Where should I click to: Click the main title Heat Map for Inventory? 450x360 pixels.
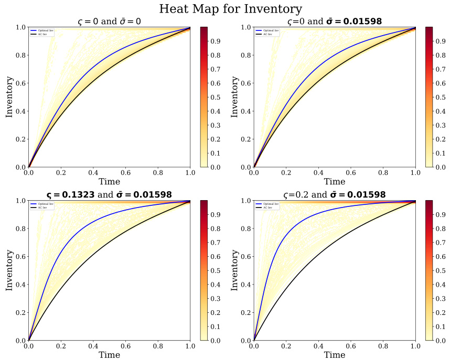[230, 9]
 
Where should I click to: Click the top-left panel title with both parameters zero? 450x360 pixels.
[109, 21]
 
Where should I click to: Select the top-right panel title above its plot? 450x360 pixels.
[335, 21]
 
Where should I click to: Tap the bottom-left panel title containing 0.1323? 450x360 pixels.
[109, 194]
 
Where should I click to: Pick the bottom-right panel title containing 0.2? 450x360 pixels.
[335, 194]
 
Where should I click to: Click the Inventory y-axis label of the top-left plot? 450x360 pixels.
[9, 97]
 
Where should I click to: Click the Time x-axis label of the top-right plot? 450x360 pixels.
[335, 181]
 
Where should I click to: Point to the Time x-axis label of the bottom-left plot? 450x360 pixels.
[109, 355]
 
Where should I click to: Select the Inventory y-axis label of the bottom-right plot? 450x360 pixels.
[234, 270]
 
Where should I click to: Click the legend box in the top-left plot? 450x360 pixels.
[42, 32]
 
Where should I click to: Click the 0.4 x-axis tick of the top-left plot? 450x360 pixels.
[93, 172]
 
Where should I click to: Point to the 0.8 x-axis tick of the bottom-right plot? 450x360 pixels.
[383, 345]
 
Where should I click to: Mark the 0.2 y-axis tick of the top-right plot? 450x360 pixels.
[245, 139]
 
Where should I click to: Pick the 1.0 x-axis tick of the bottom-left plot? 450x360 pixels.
[190, 345]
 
